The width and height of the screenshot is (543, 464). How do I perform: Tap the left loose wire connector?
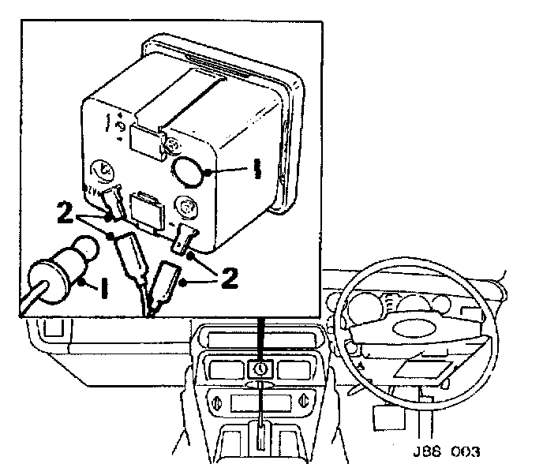coord(129,253)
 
